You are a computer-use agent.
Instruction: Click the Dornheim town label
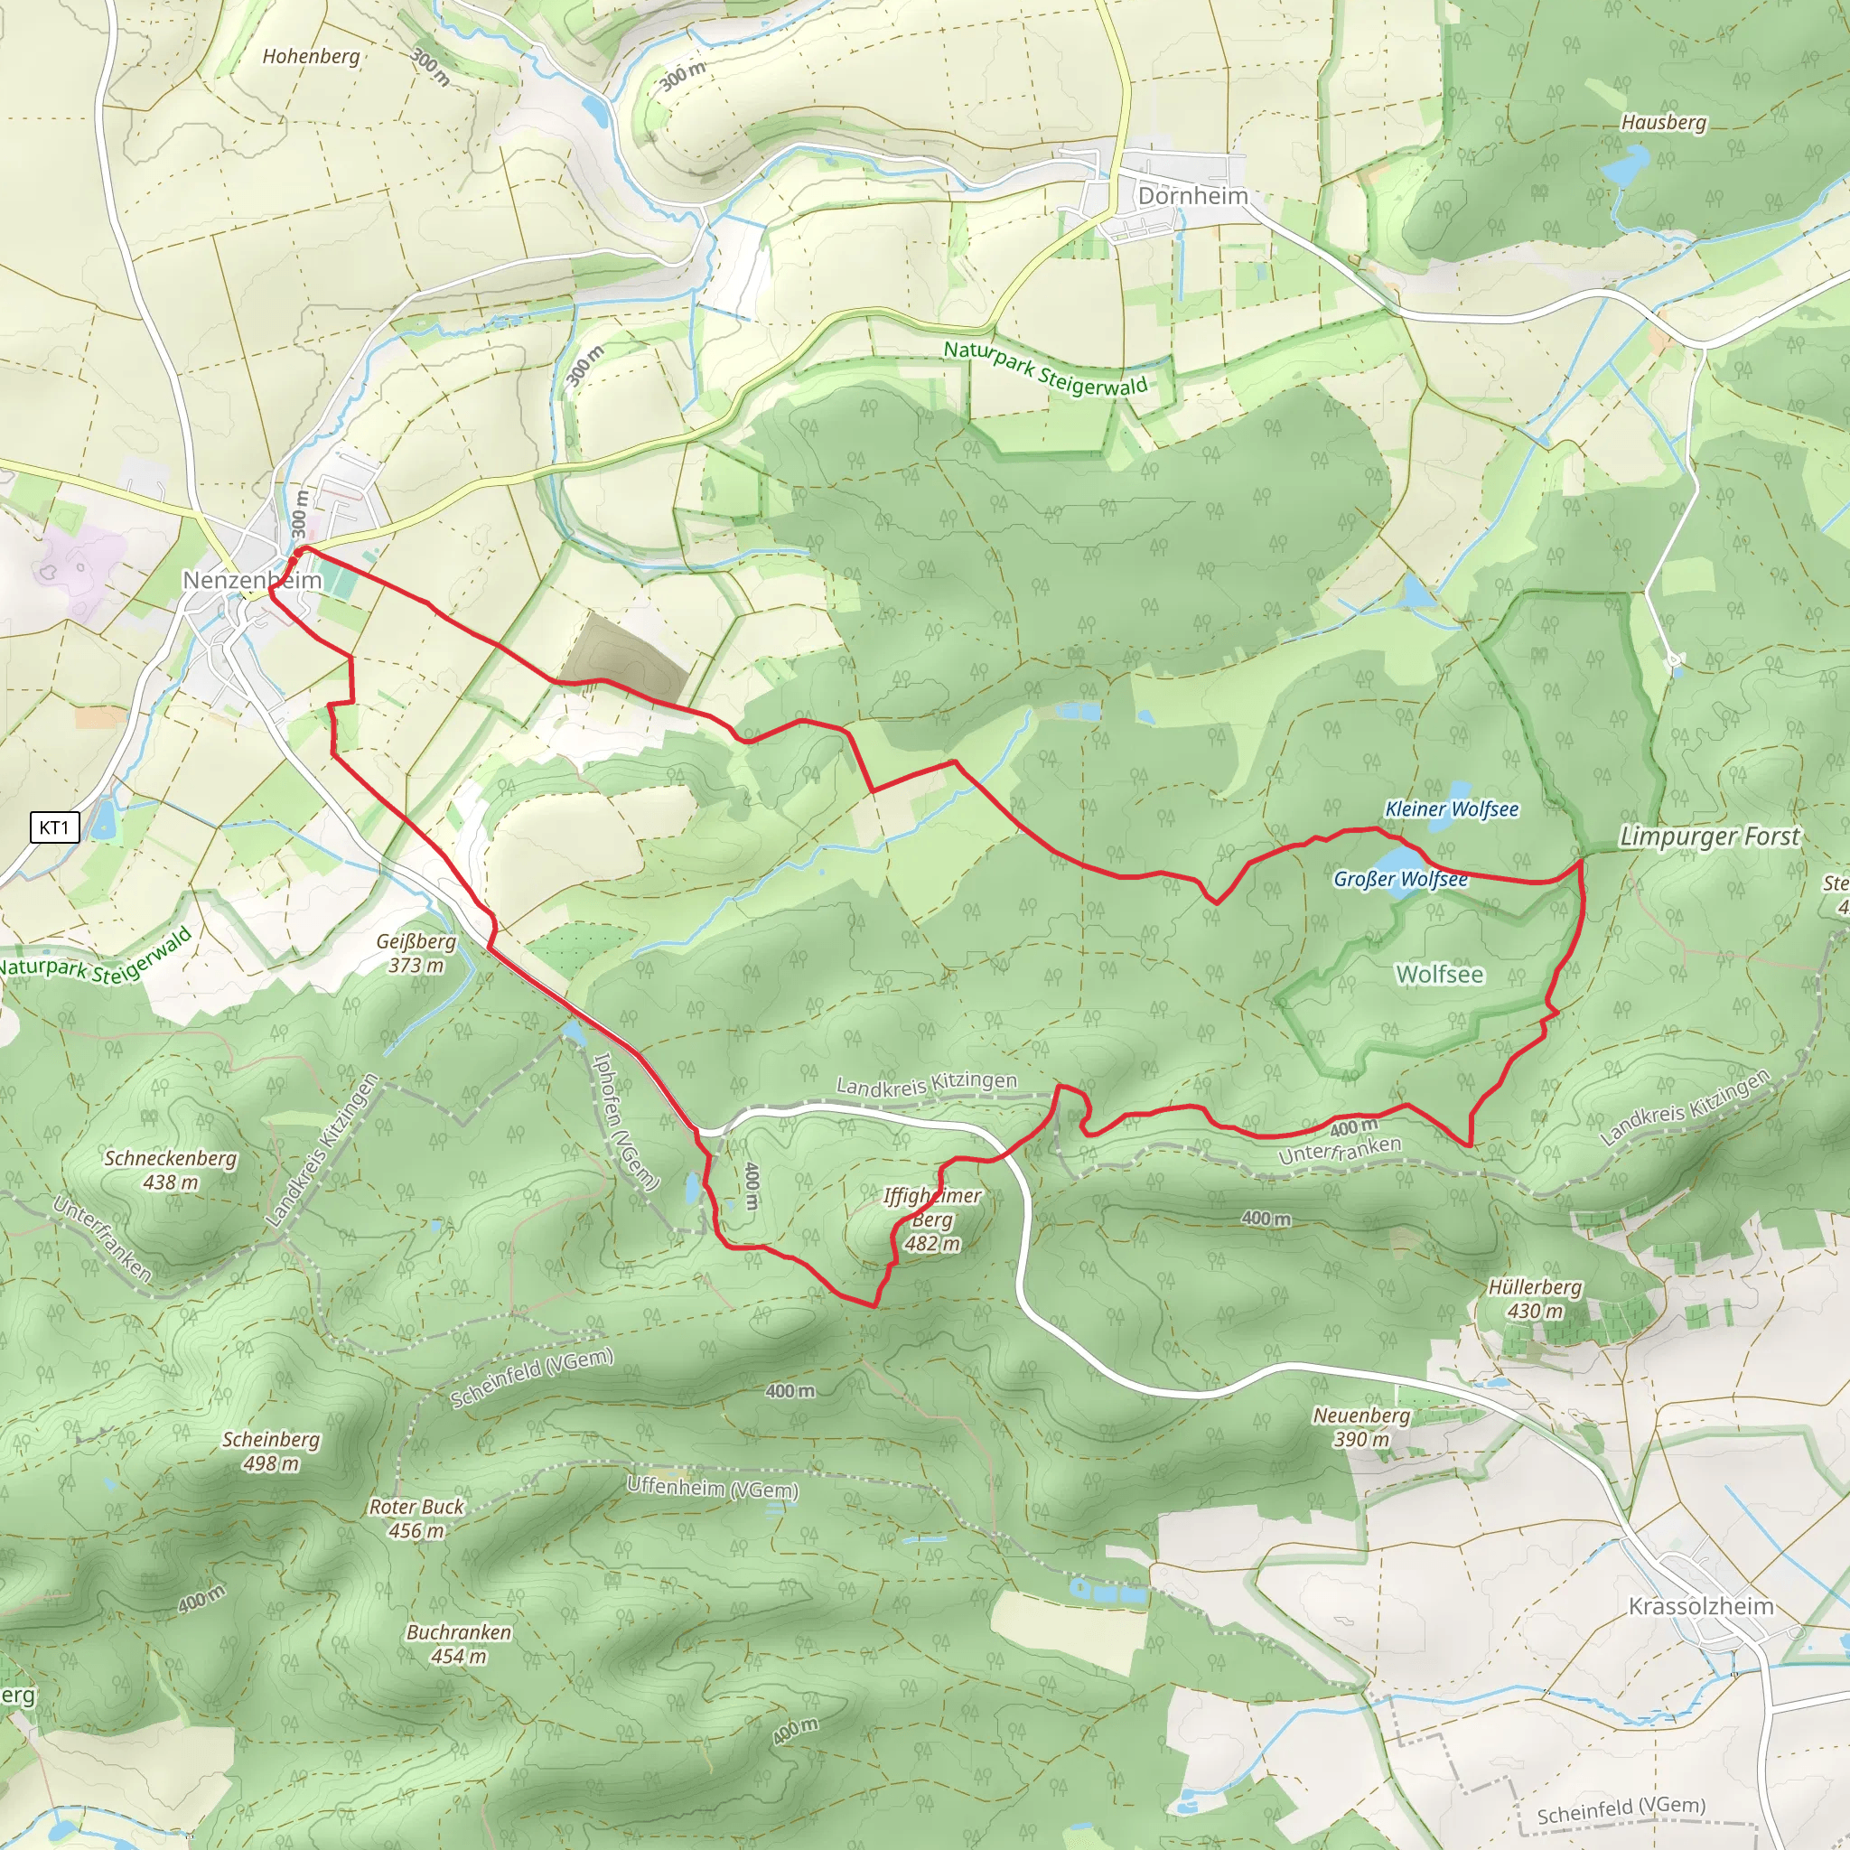[x=1192, y=196]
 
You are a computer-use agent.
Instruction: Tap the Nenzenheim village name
[x=252, y=580]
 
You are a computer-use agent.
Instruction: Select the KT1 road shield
[x=53, y=827]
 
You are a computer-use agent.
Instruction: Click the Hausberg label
[x=1663, y=123]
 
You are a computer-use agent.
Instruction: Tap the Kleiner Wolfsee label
[x=1452, y=809]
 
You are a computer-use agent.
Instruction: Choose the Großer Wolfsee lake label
[x=1400, y=879]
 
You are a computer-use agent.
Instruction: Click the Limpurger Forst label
[x=1709, y=836]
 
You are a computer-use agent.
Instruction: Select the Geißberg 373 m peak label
[x=416, y=953]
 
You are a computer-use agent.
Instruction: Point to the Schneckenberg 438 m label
[x=171, y=1170]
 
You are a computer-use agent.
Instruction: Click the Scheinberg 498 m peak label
[x=271, y=1451]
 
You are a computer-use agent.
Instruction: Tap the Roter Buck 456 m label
[x=416, y=1518]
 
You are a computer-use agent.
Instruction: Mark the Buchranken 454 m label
[x=459, y=1643]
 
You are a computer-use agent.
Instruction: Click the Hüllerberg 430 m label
[x=1535, y=1298]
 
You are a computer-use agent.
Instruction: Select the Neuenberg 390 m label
[x=1360, y=1426]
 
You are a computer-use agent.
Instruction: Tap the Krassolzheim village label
[x=1701, y=1606]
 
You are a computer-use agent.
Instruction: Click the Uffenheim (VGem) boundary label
[x=713, y=1488]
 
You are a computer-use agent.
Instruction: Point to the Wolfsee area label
[x=1439, y=975]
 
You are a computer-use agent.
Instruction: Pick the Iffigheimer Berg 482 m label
[x=931, y=1219]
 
